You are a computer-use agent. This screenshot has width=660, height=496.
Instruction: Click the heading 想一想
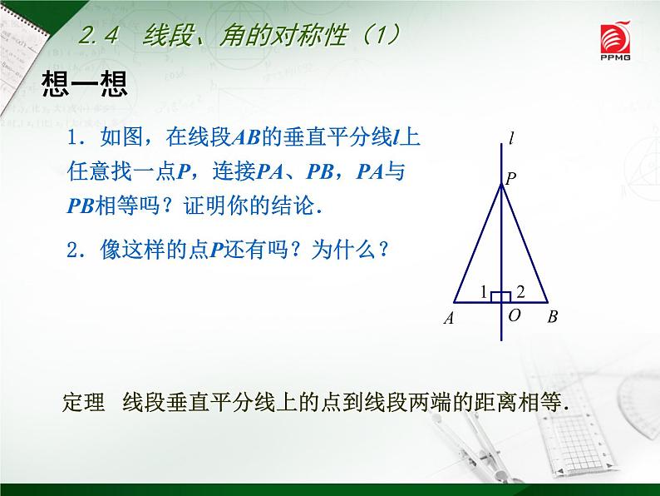[84, 84]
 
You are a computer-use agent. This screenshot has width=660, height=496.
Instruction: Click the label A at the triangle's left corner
[448, 318]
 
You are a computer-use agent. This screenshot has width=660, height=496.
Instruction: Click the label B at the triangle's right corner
[553, 317]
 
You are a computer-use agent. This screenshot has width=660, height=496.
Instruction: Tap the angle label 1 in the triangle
[483, 291]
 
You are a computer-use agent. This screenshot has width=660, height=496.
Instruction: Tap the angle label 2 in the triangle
[520, 291]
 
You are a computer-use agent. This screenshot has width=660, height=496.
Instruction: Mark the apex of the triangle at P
[501, 185]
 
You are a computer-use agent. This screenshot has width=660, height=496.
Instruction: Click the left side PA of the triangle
[477, 243]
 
